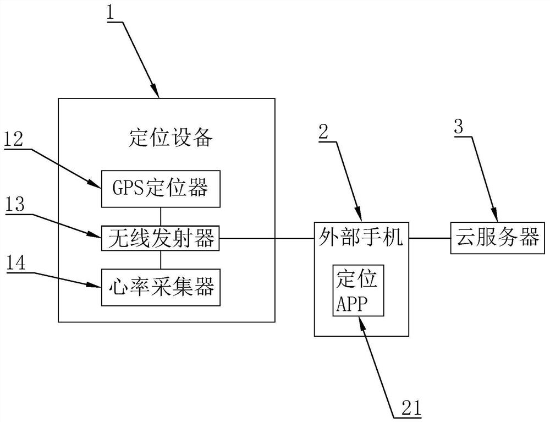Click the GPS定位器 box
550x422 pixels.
(161, 189)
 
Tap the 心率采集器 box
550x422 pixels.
(161, 287)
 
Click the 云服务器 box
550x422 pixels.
(496, 238)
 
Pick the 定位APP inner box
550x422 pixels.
(358, 290)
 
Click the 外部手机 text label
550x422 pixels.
(361, 238)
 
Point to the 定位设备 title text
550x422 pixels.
(170, 139)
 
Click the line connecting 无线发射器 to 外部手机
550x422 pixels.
(267, 239)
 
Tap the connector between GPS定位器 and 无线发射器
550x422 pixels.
(161, 216)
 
